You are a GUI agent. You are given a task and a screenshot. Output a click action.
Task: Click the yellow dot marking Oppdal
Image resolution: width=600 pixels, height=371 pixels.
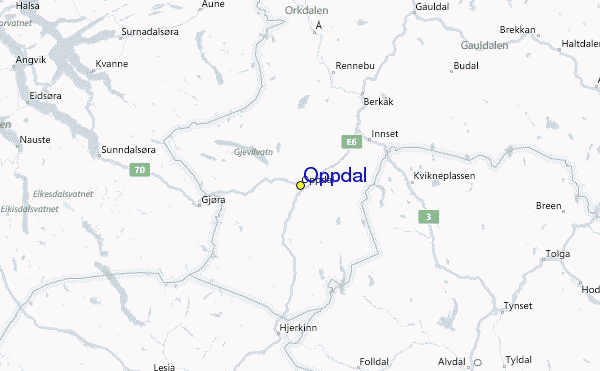[x=300, y=185]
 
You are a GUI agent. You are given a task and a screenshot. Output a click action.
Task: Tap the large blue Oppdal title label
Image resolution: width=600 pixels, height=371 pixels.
[x=334, y=175]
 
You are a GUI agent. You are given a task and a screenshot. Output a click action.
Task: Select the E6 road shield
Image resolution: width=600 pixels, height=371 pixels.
[x=350, y=142]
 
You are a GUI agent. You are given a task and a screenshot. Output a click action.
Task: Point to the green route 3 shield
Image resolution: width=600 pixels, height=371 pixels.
[x=429, y=217]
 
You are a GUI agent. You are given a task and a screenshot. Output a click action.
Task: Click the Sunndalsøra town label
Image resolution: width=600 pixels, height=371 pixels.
[x=128, y=150]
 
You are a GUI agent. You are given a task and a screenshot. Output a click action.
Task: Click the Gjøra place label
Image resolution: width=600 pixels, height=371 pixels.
[x=213, y=200]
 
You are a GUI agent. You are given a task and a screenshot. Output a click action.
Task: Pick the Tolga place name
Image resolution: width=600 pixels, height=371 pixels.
[x=557, y=254]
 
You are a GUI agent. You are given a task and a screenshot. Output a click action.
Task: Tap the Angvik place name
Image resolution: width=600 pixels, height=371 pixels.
[x=31, y=60]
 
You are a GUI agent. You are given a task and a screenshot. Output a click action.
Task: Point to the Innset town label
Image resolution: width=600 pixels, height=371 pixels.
[x=385, y=133]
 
